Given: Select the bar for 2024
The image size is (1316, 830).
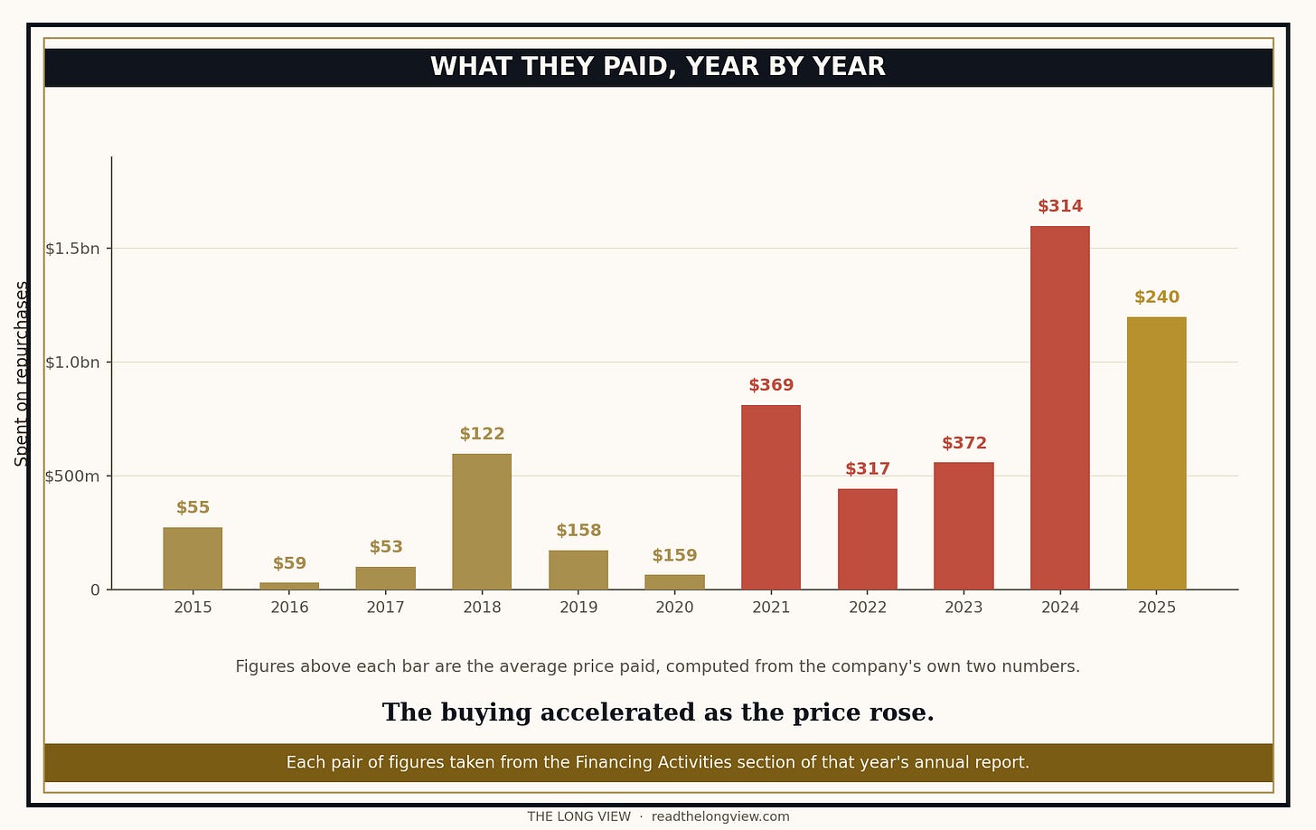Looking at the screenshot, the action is point(1060,408).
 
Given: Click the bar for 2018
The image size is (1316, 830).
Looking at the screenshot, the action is point(482,522).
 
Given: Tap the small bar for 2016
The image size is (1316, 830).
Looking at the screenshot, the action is point(289,586).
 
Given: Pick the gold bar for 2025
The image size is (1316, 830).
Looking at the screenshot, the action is point(1156,453).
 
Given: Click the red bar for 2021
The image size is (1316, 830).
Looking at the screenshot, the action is point(771,497).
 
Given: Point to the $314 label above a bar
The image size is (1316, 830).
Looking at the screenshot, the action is point(1060,206).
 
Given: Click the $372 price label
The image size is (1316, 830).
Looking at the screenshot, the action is point(964,443).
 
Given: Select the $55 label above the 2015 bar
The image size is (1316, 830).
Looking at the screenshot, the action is point(193,507).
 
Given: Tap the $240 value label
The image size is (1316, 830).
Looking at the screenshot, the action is point(1156,297).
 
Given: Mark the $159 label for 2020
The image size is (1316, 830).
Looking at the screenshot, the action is point(674,555).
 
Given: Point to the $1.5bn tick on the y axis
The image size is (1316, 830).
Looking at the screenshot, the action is point(72,249).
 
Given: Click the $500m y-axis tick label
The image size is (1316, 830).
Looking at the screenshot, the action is point(72,476).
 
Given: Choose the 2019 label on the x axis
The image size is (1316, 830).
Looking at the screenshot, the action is point(578,608).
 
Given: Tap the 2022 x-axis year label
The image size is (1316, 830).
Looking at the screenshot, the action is point(867,608).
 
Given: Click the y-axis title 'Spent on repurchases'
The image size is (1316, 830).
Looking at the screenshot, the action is point(21,373).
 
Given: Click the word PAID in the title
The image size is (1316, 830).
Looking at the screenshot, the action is point(639,67).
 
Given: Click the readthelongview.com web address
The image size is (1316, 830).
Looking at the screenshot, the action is point(720,816).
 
